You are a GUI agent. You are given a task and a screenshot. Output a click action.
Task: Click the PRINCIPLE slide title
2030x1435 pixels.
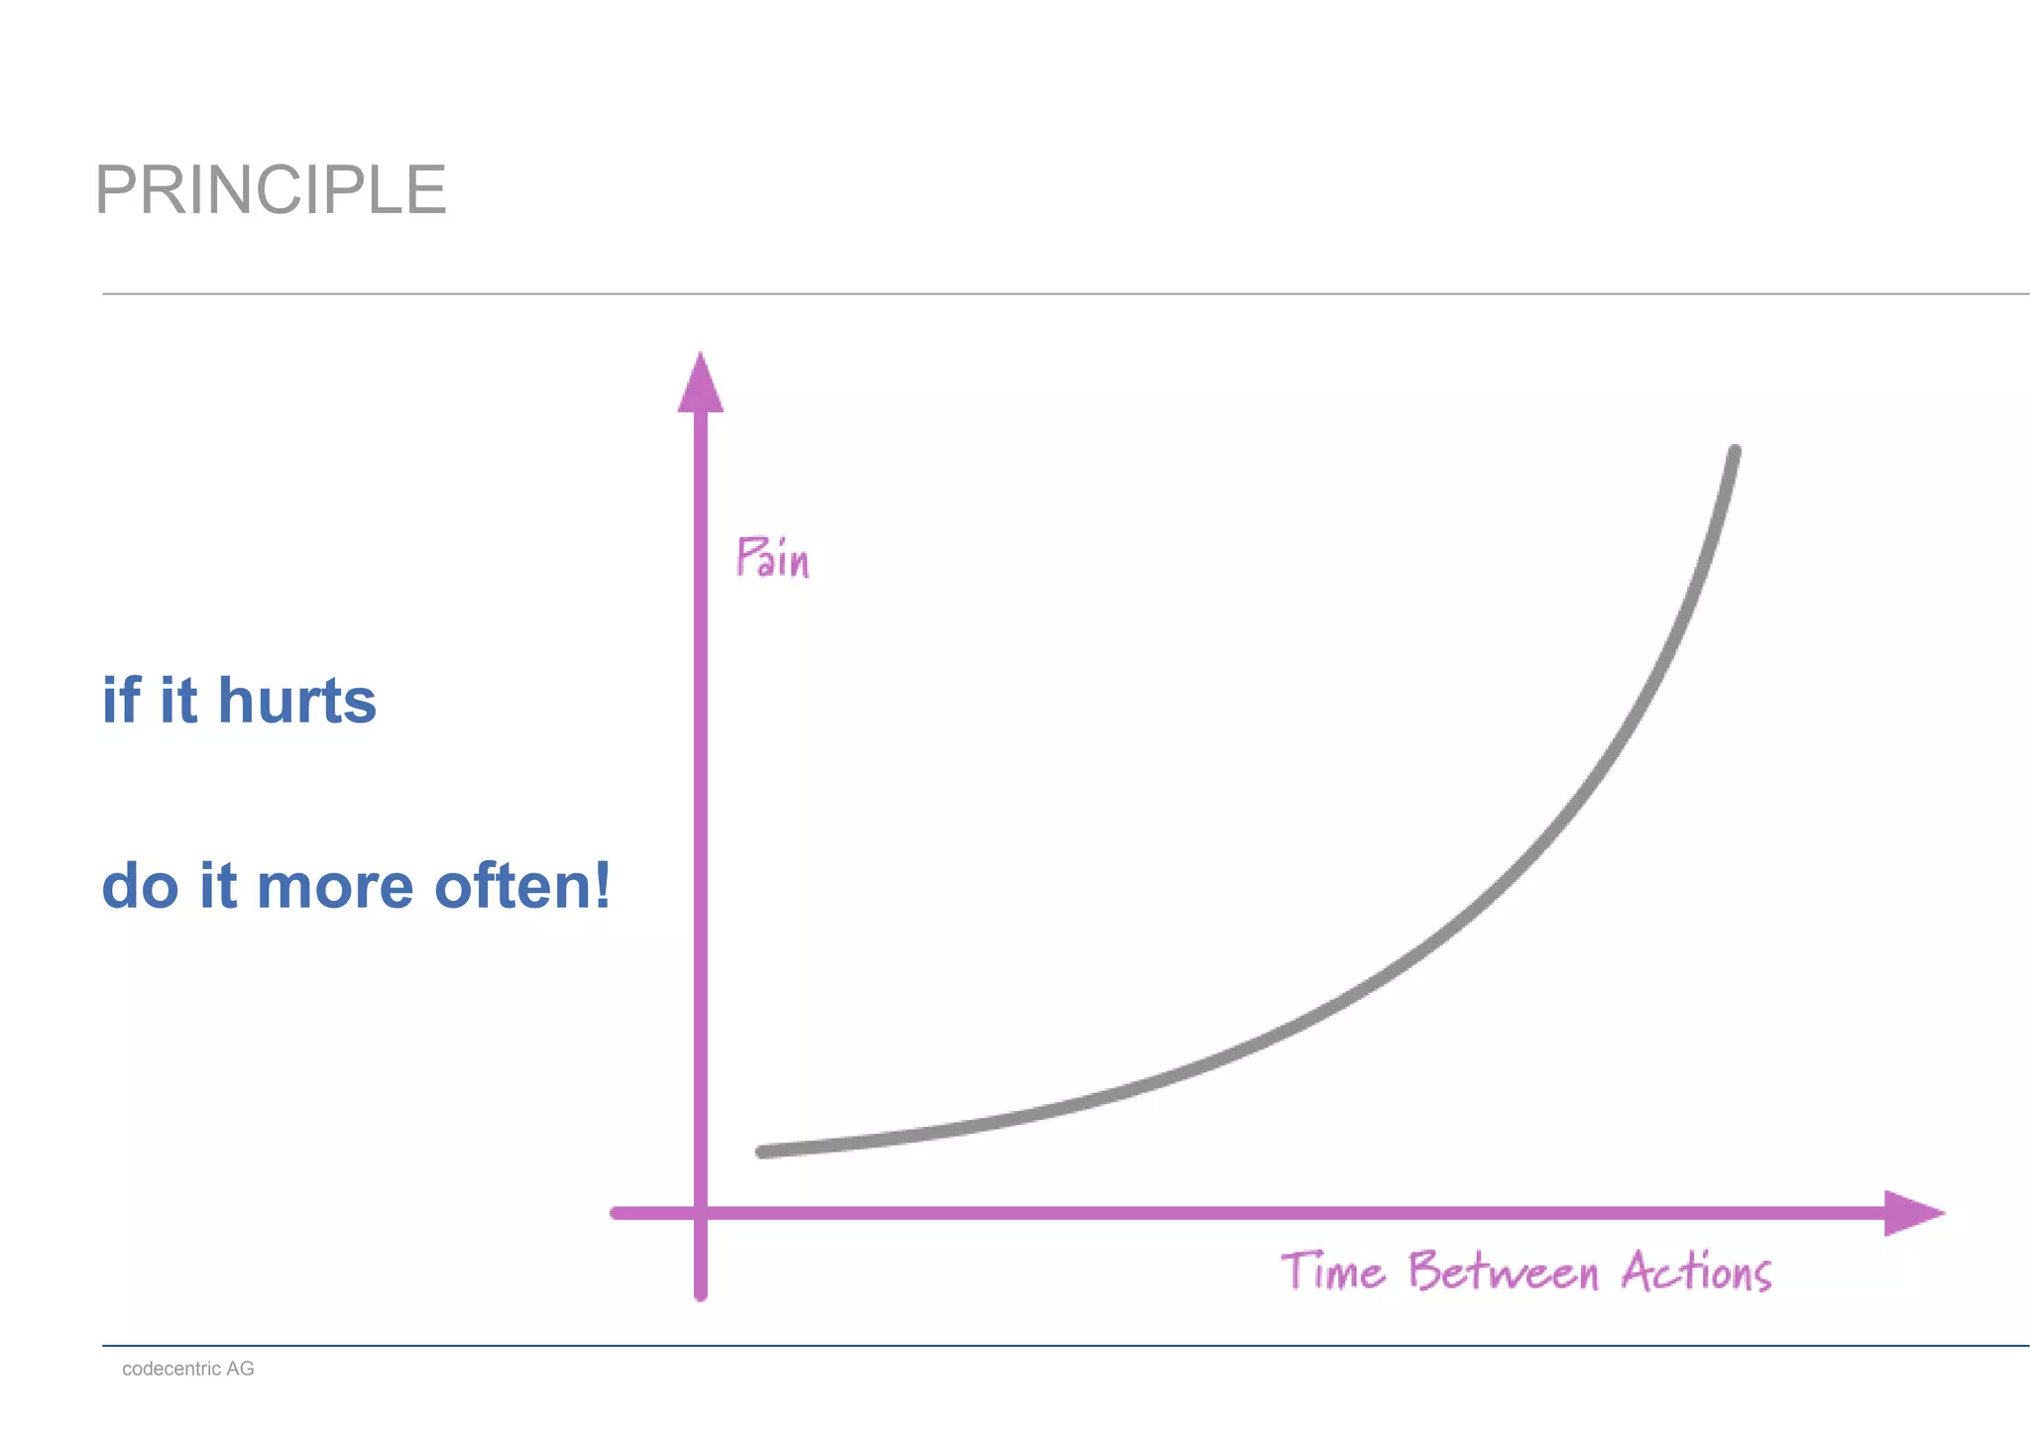271,189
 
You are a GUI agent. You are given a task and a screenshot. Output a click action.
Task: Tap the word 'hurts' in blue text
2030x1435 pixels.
296,701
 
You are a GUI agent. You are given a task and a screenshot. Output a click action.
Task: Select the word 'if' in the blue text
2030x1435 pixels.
121,700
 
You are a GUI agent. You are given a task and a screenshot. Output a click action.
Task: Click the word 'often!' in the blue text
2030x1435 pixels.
522,885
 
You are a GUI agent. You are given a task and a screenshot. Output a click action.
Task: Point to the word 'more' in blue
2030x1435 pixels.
335,887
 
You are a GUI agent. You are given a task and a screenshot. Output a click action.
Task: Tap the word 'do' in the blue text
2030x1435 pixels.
140,886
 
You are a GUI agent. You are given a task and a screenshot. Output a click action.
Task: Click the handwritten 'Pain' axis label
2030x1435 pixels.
772,558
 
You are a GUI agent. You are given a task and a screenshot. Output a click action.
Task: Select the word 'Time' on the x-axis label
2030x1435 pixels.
1332,1271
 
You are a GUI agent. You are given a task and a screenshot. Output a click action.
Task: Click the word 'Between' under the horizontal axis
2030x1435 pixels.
1504,1271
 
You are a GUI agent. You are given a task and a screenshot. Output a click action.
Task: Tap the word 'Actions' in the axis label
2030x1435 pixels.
1696,1271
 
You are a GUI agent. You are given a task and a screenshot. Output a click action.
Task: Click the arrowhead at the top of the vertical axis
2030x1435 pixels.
700,384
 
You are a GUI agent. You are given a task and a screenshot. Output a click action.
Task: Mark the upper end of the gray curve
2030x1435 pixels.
1735,452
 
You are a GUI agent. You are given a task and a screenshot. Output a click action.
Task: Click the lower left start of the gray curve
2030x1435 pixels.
762,1152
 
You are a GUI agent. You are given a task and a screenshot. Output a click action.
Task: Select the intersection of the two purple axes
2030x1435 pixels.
701,1213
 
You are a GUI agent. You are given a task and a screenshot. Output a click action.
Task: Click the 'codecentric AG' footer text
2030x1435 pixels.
187,1369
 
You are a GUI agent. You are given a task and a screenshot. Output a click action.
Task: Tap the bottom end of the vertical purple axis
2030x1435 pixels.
701,1294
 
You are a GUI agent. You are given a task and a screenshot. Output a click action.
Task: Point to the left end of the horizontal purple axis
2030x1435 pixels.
617,1213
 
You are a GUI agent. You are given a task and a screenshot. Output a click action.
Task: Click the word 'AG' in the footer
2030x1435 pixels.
240,1369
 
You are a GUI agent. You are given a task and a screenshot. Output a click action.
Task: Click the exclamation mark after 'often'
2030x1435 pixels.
603,885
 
